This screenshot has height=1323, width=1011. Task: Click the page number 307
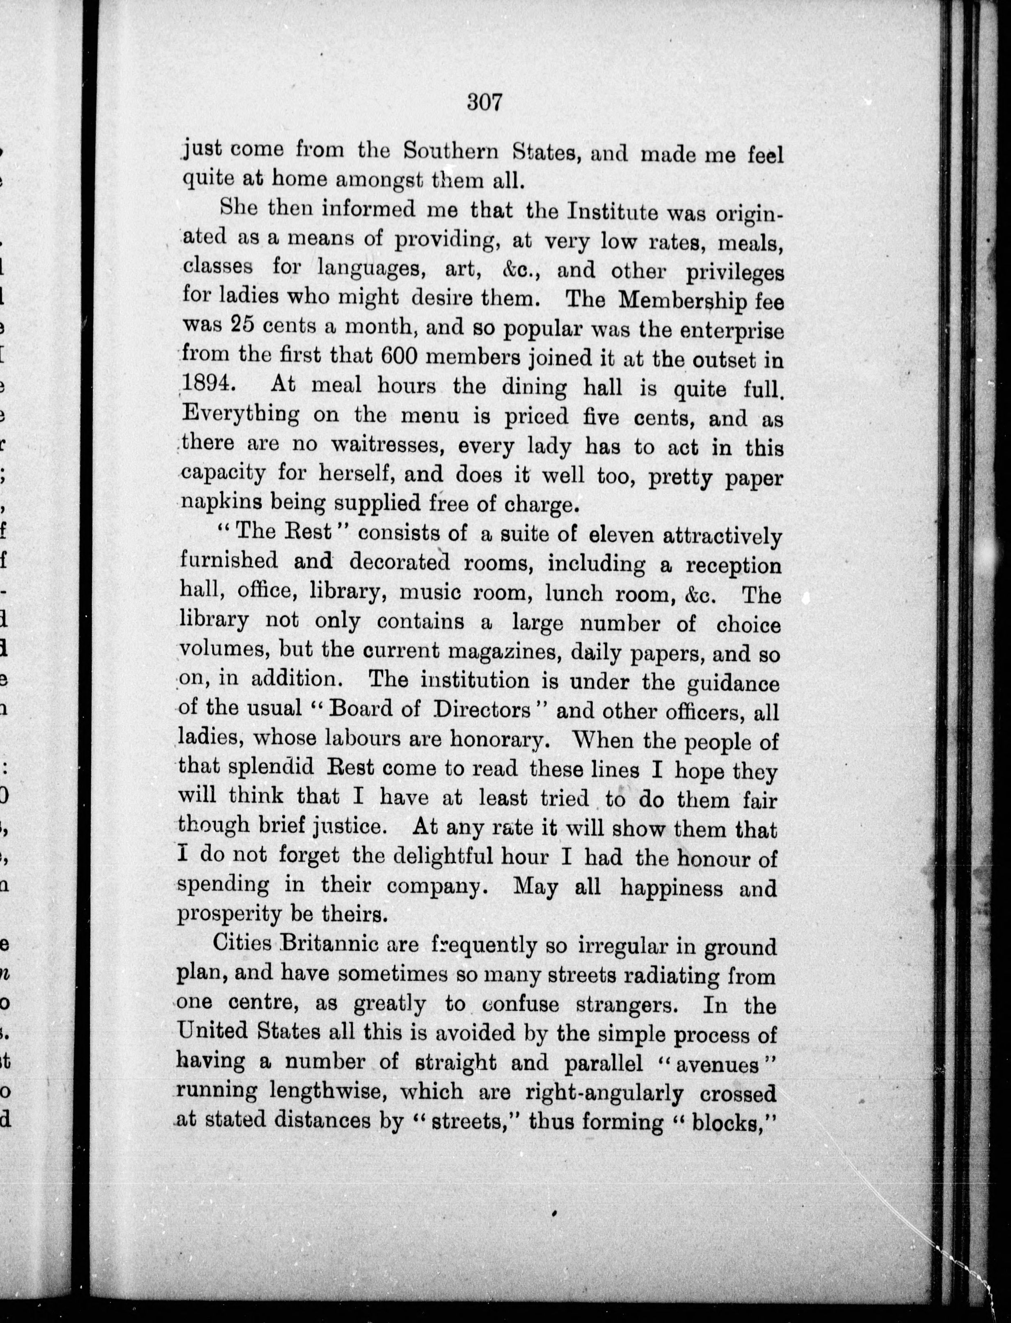484,103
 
